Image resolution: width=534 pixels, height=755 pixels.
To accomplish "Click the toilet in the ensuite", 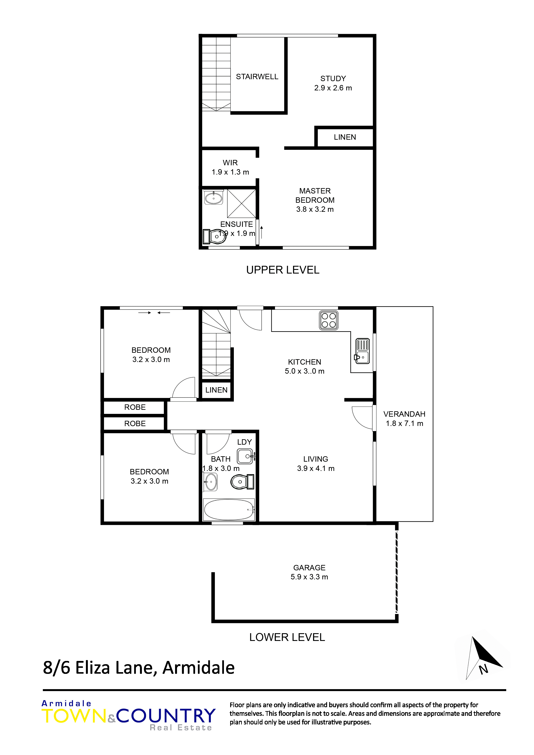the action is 214,237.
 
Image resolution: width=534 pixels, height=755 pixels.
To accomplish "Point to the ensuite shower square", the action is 242,204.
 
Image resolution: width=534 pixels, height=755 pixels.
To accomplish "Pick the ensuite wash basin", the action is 214,197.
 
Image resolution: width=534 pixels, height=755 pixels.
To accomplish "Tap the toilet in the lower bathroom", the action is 243,482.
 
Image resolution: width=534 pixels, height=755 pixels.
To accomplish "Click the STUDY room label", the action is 333,79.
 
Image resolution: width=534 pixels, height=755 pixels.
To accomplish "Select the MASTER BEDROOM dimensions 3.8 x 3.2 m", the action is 315,209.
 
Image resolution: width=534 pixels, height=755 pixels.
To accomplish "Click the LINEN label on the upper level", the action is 345,137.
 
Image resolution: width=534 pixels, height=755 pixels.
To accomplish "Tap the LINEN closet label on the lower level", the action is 216,390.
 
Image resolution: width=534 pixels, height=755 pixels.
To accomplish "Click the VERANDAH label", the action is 404,414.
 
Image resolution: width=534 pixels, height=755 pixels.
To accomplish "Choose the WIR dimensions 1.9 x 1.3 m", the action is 230,172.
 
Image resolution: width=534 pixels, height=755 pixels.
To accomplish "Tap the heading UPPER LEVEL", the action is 283,270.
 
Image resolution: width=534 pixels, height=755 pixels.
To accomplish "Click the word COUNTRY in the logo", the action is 166,716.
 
